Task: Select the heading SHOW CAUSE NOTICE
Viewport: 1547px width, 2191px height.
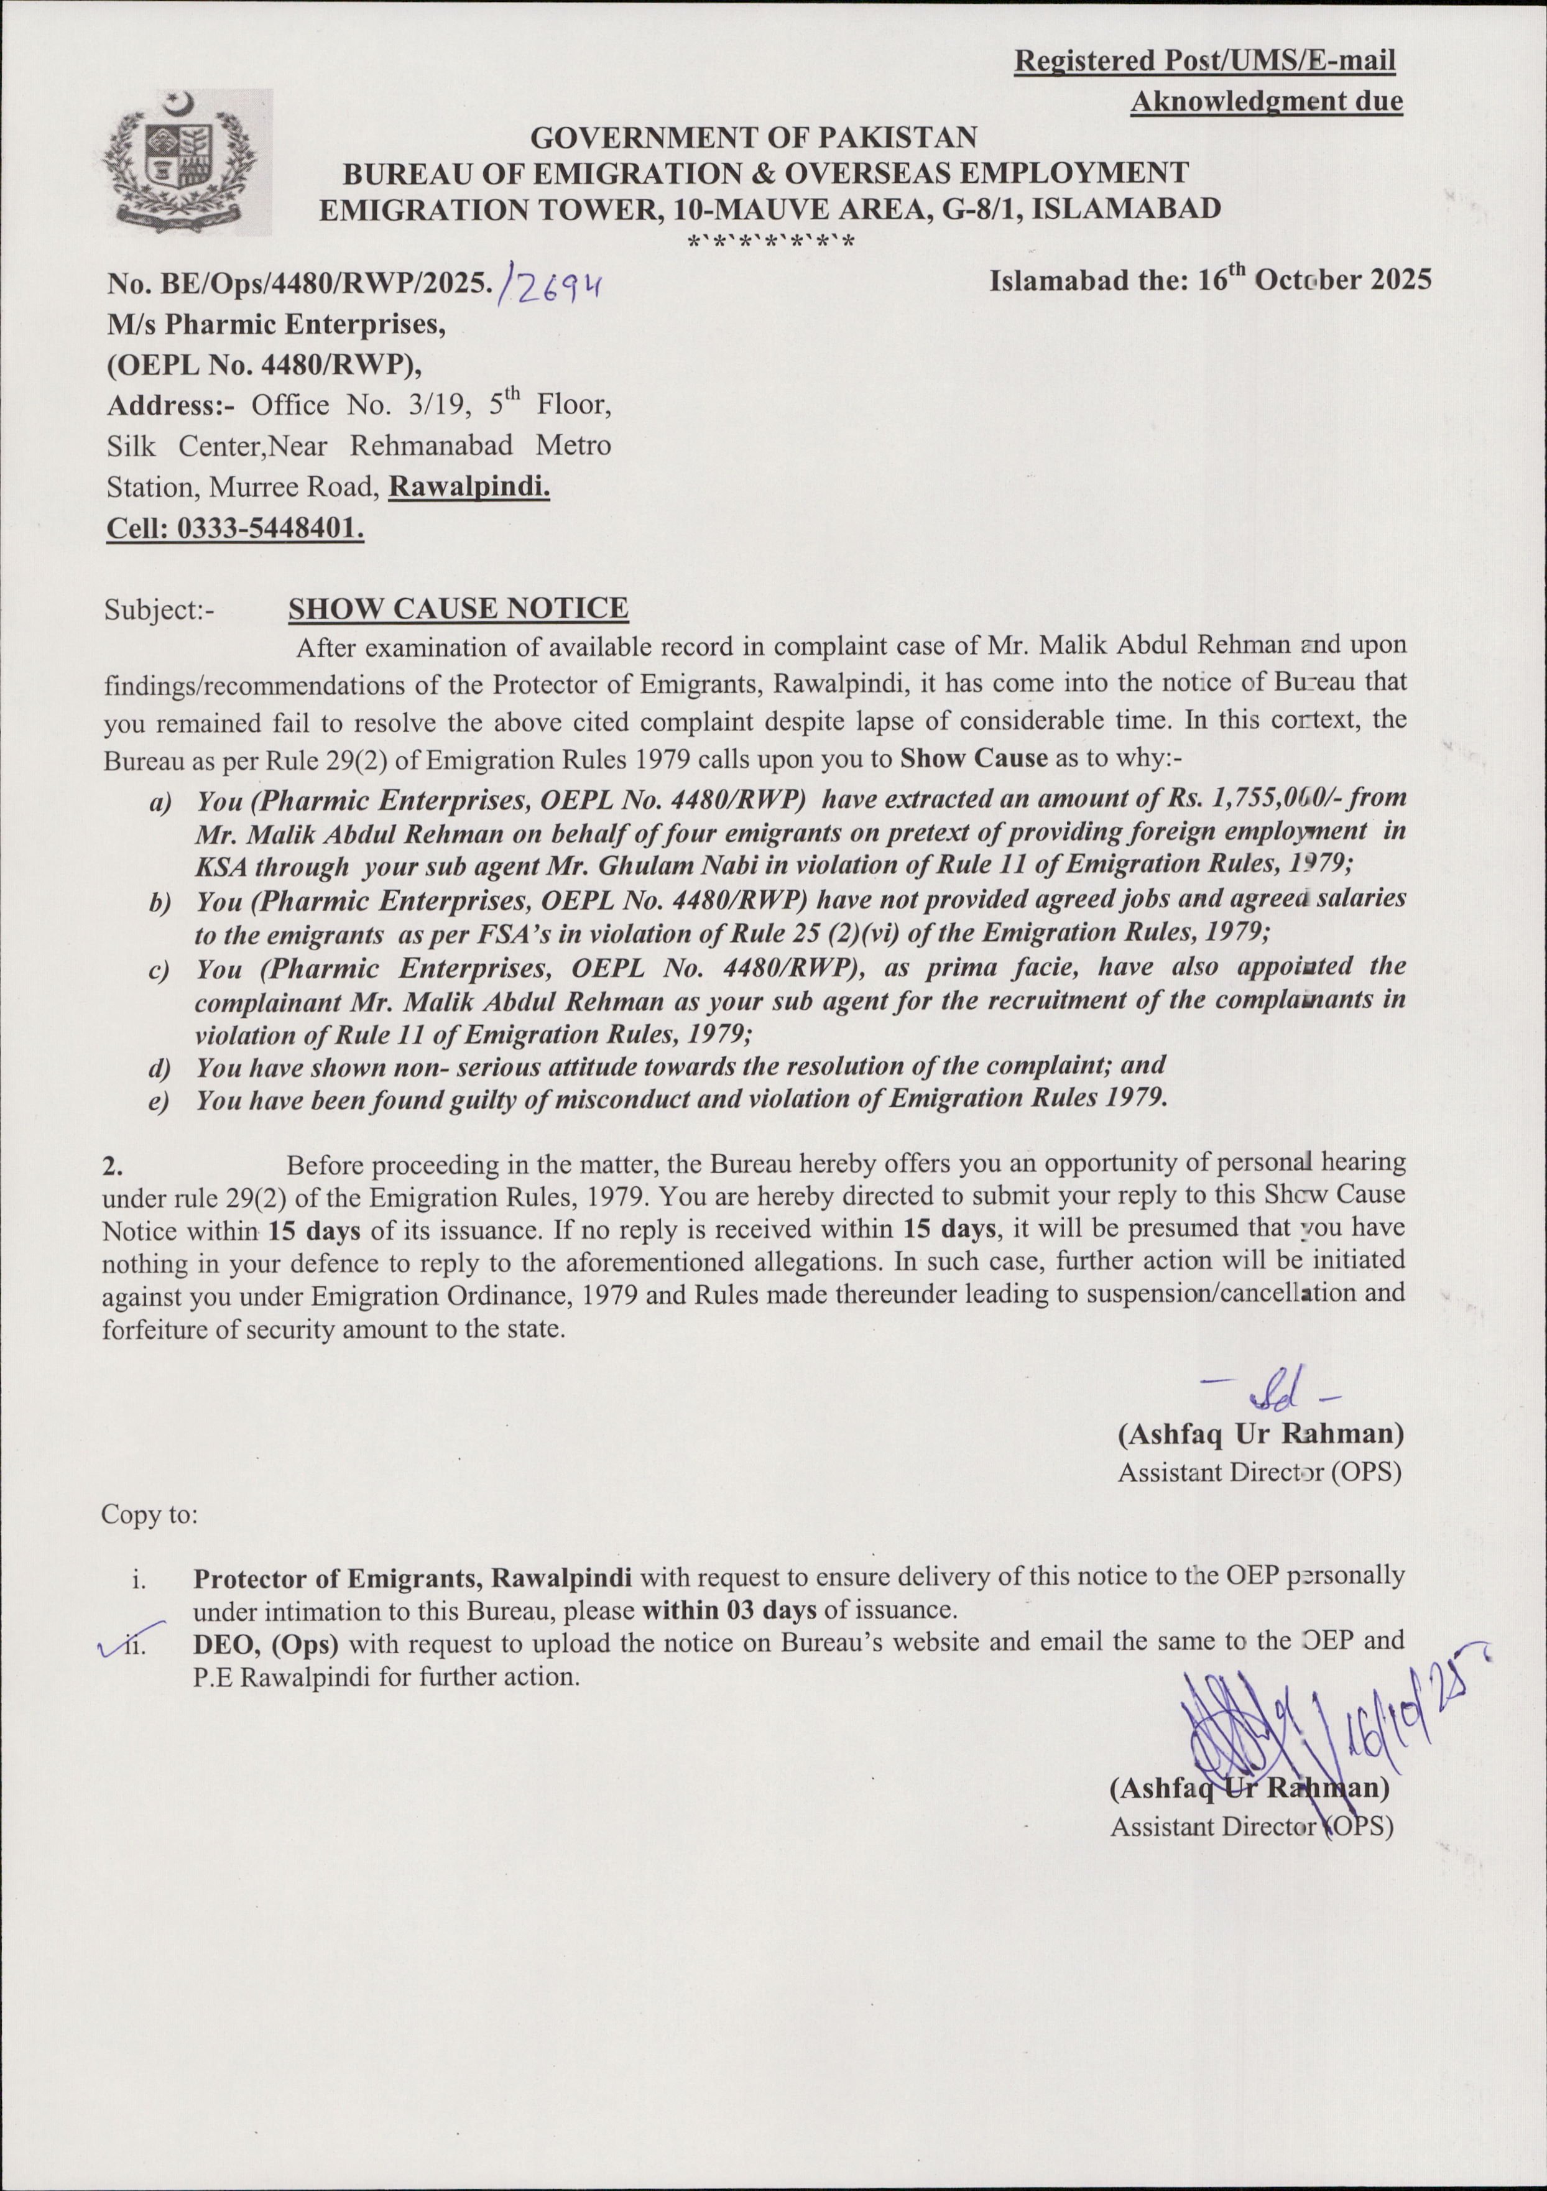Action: click(458, 609)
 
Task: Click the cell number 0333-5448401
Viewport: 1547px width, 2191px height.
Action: click(269, 528)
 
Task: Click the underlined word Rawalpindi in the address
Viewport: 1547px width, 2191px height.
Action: click(469, 487)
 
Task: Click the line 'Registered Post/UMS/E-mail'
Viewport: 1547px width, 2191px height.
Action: click(1204, 61)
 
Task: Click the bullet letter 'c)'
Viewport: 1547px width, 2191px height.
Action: click(159, 971)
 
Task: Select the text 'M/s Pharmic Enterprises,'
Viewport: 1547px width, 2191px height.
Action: click(277, 325)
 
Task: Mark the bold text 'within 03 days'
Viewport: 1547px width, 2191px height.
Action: click(729, 1610)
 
